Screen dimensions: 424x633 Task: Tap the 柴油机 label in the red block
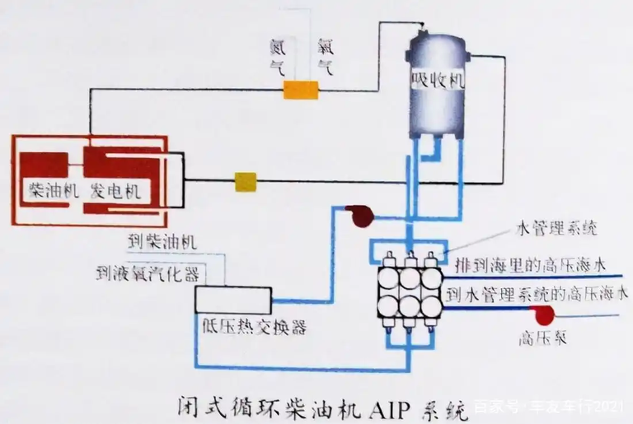pyautogui.click(x=52, y=192)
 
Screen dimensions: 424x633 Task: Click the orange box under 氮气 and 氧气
pyautogui.click(x=301, y=90)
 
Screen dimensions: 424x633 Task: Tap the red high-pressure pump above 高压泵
pyautogui.click(x=543, y=315)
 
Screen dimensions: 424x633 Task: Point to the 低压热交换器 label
pyautogui.click(x=253, y=327)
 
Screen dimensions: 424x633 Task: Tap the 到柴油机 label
pyautogui.click(x=162, y=242)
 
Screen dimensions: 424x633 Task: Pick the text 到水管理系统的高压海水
pyautogui.click(x=537, y=294)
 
